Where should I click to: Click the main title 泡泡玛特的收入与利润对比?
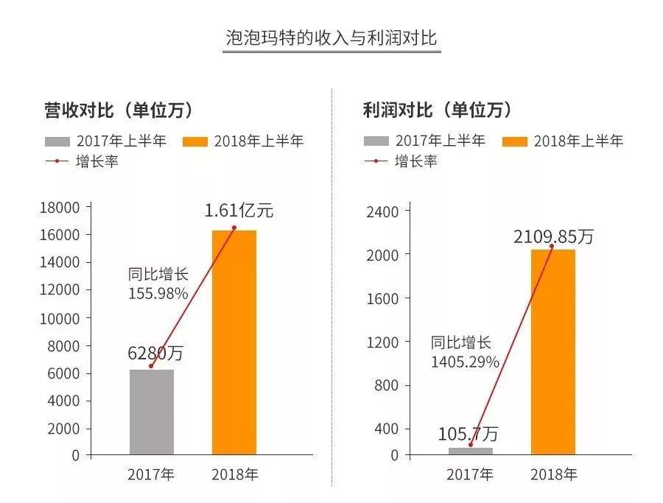pyautogui.click(x=331, y=38)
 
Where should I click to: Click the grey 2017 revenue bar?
pyautogui.click(x=152, y=412)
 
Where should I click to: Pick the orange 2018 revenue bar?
pyautogui.click(x=234, y=342)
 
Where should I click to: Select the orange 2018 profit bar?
pyautogui.click(x=552, y=352)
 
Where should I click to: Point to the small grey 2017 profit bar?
pyautogui.click(x=470, y=451)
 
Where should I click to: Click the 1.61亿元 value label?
pyautogui.click(x=239, y=211)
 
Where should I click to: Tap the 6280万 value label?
pyautogui.click(x=155, y=353)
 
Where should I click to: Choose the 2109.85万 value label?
pyautogui.click(x=553, y=236)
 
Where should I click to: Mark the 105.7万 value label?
pyautogui.click(x=468, y=434)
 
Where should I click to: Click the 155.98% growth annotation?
pyautogui.click(x=158, y=293)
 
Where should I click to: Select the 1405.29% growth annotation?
pyautogui.click(x=465, y=362)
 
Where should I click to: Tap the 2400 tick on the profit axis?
pyautogui.click(x=382, y=212)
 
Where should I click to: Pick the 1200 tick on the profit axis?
pyautogui.click(x=382, y=342)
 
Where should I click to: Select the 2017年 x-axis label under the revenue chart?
pyautogui.click(x=151, y=475)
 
